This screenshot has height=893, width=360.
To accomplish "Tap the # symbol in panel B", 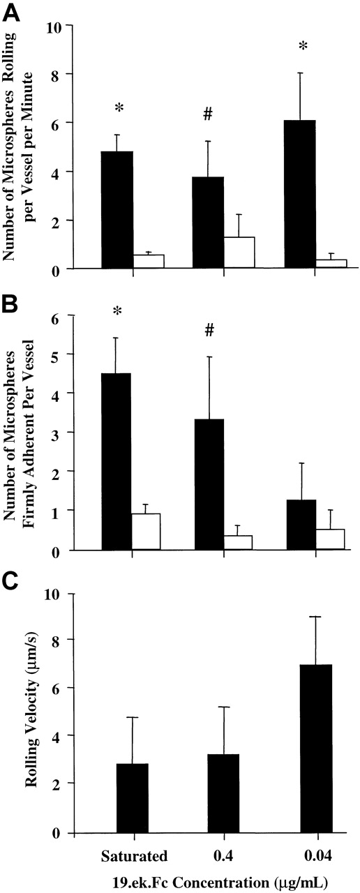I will (x=209, y=331).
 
